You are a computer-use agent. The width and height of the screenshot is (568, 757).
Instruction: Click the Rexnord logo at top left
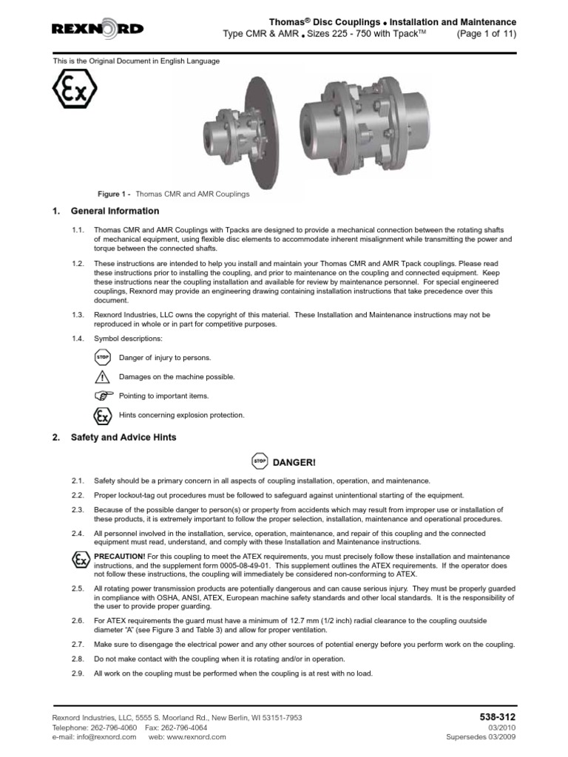tap(98, 29)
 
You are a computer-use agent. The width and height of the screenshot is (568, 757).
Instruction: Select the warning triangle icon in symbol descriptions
tap(102, 376)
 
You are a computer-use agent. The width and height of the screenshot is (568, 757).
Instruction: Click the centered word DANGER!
tap(294, 463)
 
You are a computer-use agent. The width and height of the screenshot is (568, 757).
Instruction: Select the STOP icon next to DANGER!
tap(260, 462)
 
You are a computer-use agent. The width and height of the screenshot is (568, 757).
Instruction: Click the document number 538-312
tap(498, 717)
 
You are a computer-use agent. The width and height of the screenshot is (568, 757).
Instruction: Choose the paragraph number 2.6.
tap(78, 620)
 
